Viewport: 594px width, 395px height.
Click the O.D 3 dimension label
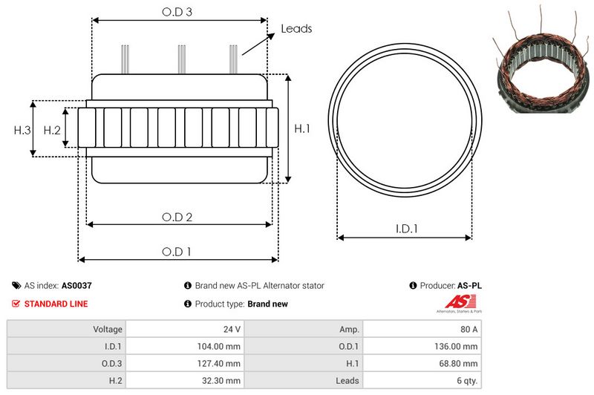177,13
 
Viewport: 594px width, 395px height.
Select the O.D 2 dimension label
177,217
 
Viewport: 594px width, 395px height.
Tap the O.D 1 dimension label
177,252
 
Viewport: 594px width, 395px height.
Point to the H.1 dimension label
302,128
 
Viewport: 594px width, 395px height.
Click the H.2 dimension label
52,130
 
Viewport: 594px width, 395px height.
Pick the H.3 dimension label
22,130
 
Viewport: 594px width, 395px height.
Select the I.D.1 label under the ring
405,229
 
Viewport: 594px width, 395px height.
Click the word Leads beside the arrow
296,29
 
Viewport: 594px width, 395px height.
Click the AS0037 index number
76,285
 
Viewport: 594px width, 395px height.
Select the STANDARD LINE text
56,304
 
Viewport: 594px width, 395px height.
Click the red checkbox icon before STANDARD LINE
16,304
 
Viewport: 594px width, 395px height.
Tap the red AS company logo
454,301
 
